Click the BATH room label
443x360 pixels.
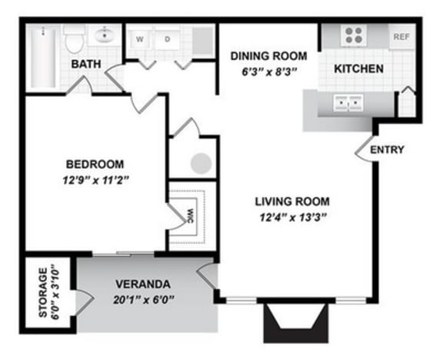pyautogui.click(x=86, y=63)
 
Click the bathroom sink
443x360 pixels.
pyautogui.click(x=104, y=35)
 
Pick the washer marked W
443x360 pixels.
pyautogui.click(x=141, y=38)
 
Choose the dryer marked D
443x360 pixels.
pyautogui.click(x=167, y=38)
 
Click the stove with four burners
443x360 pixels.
pyautogui.click(x=354, y=35)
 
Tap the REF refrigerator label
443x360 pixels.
pyautogui.click(x=401, y=36)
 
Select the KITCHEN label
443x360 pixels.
pyautogui.click(x=358, y=68)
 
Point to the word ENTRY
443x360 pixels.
pyautogui.click(x=387, y=150)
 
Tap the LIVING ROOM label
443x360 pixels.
pyautogui.click(x=292, y=202)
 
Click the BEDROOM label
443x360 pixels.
pyautogui.click(x=95, y=164)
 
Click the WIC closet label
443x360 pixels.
pyautogui.click(x=190, y=215)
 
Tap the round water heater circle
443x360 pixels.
pyautogui.click(x=201, y=163)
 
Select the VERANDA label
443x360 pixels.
pyautogui.click(x=143, y=283)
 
